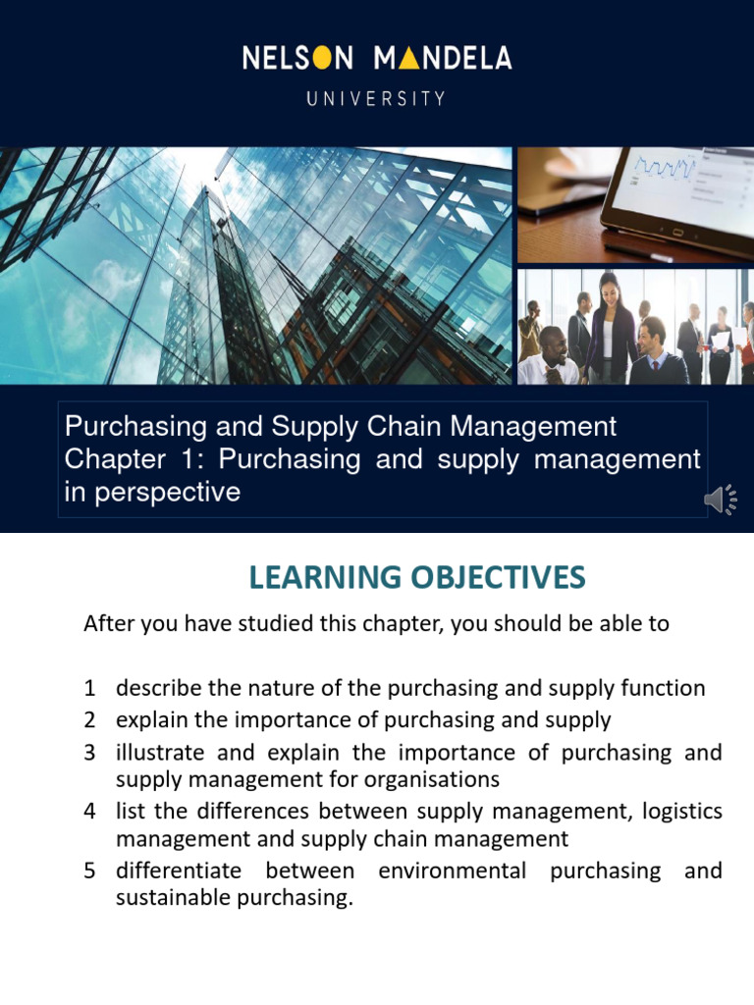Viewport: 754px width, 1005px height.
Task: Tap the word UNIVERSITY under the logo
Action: coord(376,98)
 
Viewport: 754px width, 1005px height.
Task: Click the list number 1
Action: coord(89,688)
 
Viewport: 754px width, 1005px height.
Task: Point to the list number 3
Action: coord(89,753)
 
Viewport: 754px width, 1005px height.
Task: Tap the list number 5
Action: coord(89,871)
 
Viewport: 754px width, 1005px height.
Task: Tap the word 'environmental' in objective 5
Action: coord(453,871)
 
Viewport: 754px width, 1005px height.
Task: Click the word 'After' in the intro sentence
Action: coord(107,624)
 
